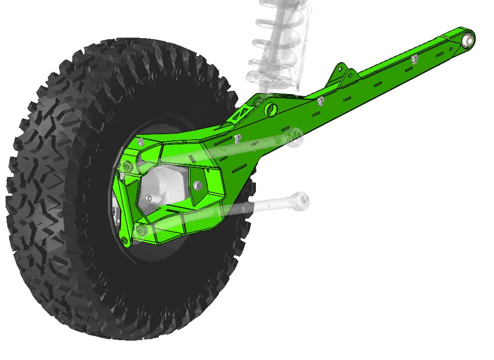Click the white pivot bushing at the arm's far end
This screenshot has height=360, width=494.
click(x=469, y=40)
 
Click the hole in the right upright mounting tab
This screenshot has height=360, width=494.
click(x=351, y=75)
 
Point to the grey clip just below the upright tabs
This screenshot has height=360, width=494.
click(x=321, y=101)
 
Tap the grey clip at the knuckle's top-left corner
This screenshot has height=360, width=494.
click(x=140, y=143)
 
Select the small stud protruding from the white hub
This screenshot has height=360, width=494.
click(x=148, y=197)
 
